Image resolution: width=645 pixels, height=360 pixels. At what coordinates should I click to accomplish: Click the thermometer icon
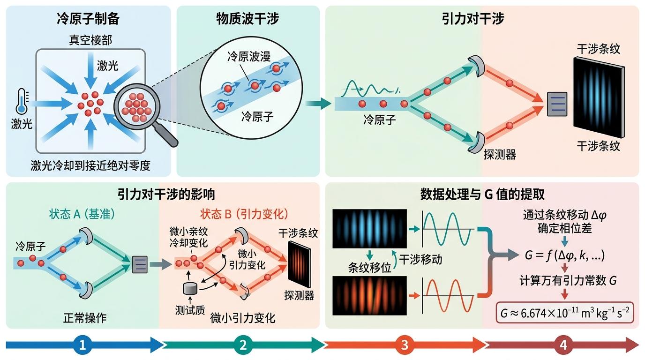click(22, 101)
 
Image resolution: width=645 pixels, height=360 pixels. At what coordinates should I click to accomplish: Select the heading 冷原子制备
click(88, 19)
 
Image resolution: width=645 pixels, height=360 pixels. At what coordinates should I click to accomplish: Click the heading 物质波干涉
click(247, 19)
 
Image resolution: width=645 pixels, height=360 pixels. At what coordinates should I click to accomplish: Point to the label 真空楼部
click(90, 40)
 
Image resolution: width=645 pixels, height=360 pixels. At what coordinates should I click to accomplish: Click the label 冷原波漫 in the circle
click(249, 56)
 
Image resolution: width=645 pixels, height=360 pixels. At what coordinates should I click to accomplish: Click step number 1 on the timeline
click(82, 345)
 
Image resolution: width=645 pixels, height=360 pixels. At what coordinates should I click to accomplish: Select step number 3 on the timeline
click(405, 345)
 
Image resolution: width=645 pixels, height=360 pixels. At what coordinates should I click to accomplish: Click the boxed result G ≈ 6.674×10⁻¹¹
click(565, 313)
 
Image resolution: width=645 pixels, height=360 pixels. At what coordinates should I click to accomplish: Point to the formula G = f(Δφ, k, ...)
click(565, 255)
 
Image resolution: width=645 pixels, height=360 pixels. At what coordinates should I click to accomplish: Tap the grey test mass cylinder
click(190, 289)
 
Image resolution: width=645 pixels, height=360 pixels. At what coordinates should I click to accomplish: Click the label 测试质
click(190, 310)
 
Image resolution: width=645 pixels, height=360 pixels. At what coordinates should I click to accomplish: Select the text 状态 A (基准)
click(82, 214)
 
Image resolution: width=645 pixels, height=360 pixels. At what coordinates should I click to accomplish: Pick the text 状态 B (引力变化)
click(244, 214)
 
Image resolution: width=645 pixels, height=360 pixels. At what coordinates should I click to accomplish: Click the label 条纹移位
click(370, 268)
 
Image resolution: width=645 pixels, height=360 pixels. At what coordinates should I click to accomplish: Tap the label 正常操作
click(85, 318)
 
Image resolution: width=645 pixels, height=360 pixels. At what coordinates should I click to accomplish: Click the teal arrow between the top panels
click(318, 104)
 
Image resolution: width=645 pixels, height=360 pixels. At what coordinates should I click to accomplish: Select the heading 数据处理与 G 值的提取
click(482, 195)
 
